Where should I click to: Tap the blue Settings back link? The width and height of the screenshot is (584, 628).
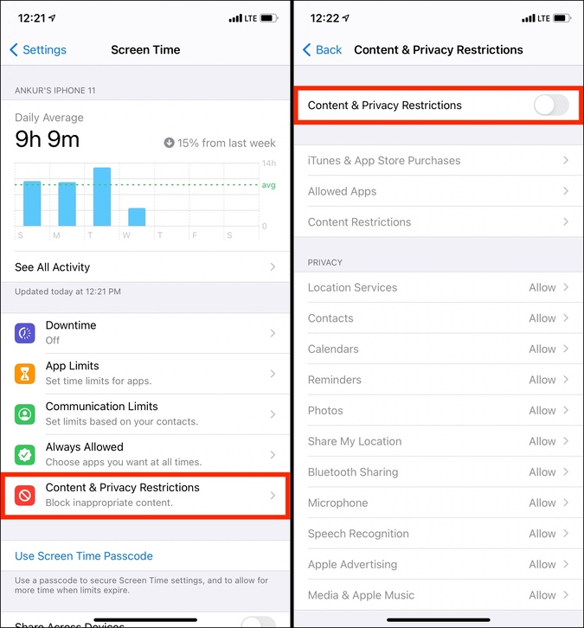(38, 49)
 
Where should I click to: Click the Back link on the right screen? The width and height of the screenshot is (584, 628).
(323, 49)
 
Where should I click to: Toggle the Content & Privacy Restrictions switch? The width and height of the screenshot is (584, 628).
(551, 106)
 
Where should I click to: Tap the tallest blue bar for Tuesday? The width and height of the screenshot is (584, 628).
(102, 196)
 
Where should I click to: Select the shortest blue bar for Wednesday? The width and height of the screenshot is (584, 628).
(137, 216)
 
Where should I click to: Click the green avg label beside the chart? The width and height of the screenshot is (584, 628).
(268, 185)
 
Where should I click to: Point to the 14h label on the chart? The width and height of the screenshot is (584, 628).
(269, 163)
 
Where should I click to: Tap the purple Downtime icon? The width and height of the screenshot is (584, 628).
(25, 333)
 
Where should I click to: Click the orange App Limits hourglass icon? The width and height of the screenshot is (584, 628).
(25, 374)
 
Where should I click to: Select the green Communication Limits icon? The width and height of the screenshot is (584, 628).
(25, 414)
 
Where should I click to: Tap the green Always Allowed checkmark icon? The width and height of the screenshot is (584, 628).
(25, 455)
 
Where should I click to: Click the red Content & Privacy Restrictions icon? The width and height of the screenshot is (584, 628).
(25, 496)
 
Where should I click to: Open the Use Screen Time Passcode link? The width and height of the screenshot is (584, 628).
(84, 556)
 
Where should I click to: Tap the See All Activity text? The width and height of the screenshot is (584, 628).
(53, 267)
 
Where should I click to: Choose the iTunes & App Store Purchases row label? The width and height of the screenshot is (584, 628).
(384, 161)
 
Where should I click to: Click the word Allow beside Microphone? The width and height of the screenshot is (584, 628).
(542, 503)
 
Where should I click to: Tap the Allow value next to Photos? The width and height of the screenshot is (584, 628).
(542, 411)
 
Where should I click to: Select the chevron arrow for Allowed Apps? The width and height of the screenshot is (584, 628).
(566, 191)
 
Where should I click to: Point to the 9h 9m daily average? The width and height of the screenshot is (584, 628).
(48, 139)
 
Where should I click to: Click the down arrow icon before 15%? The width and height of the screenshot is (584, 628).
(169, 143)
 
